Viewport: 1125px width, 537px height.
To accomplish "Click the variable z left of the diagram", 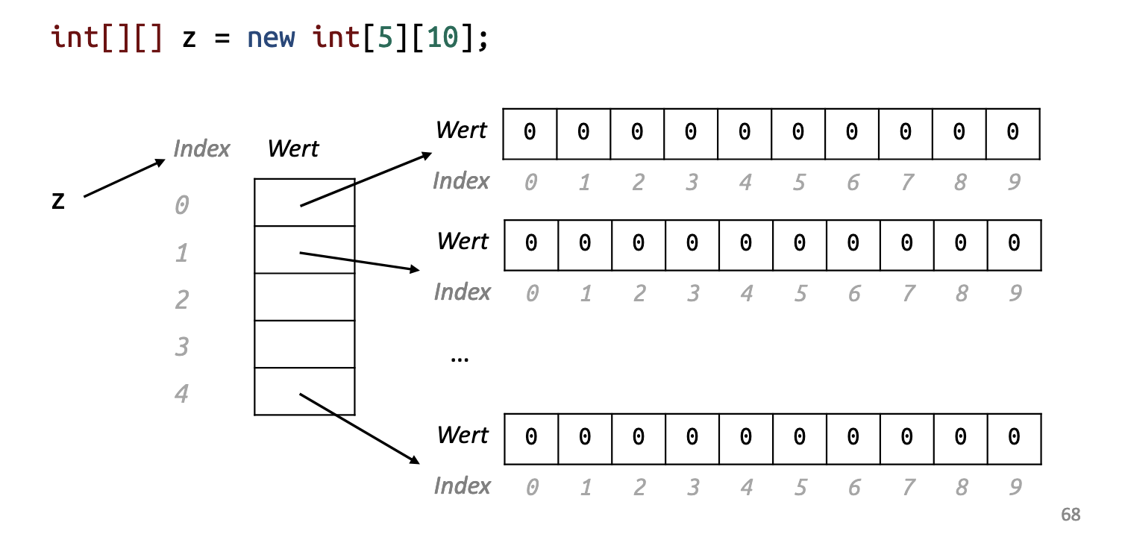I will [x=58, y=200].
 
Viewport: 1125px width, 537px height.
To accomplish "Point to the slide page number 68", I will [x=1070, y=515].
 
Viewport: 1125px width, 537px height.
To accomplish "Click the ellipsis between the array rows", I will [x=460, y=358].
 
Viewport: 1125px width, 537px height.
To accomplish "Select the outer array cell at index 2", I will [x=304, y=297].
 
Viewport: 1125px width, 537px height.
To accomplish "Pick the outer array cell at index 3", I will [x=304, y=344].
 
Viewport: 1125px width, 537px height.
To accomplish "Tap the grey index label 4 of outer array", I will [x=181, y=393].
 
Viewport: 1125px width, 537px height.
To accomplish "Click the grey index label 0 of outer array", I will [x=181, y=204].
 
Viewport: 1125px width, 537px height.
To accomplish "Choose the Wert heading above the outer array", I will [x=293, y=148].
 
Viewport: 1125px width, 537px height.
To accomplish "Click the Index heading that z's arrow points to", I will [x=201, y=148].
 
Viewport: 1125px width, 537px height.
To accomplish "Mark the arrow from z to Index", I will [x=124, y=178].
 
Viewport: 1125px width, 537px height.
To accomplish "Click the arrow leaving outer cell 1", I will [x=360, y=261].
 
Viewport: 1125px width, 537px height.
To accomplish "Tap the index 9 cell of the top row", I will [x=1012, y=133].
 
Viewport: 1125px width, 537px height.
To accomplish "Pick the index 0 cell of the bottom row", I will [x=531, y=438].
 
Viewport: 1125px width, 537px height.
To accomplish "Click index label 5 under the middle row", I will [x=800, y=293].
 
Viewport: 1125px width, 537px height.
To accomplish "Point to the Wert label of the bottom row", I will [x=463, y=435].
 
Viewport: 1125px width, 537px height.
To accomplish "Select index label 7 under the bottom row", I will [x=907, y=488].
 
